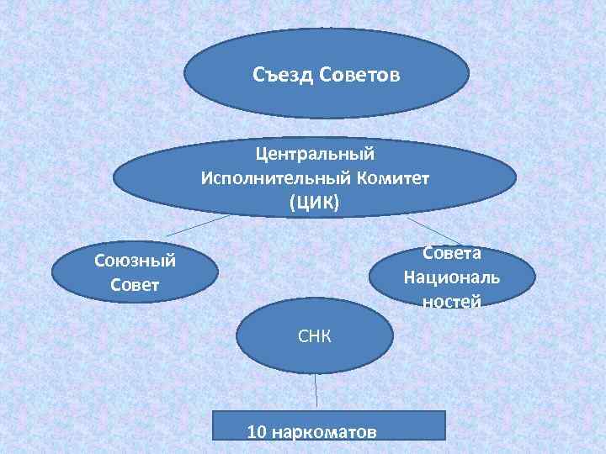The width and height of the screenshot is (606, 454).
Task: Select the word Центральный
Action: tap(315, 155)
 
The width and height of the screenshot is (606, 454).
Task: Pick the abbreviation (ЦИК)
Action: tap(314, 203)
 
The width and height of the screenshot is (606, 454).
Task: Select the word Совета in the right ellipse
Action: tap(452, 254)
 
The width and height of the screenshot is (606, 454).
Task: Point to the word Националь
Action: tap(452, 277)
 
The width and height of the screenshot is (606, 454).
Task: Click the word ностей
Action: tap(452, 300)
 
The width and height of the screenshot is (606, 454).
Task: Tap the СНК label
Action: tap(314, 337)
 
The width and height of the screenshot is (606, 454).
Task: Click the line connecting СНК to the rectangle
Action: tap(316, 392)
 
